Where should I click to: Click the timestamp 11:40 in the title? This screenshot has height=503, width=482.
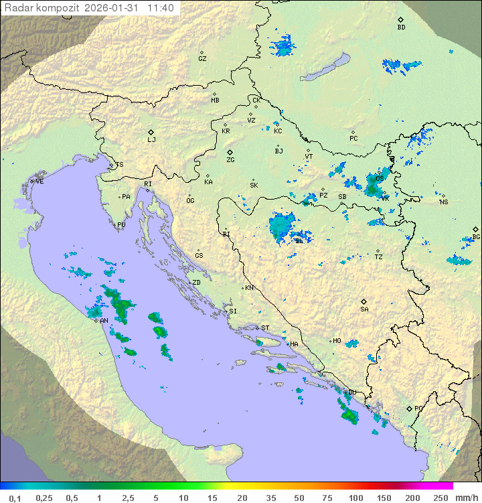coord(161,8)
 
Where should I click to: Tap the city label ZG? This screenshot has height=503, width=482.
coord(230,160)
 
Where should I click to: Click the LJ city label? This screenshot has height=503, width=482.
coord(151,140)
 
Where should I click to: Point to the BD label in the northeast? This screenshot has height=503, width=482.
coord(401,27)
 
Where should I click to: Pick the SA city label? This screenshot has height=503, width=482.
coord(364,309)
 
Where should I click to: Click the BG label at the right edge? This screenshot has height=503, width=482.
coord(476,237)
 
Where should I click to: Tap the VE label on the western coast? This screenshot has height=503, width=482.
coord(39,182)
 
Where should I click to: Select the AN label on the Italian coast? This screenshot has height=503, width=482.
coord(104,321)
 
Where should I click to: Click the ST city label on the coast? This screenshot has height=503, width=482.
coord(265,328)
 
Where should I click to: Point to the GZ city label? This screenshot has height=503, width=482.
coord(202,59)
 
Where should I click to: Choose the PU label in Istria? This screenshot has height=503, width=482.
coord(121,225)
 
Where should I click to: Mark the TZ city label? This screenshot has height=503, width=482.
coord(379,257)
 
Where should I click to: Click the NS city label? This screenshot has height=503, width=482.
coord(443,202)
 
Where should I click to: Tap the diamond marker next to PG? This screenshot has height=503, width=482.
coord(409,408)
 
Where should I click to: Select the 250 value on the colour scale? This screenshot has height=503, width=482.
coord(440,498)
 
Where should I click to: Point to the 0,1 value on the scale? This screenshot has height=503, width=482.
coord(15,498)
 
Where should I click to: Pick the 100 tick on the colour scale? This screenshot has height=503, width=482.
coord(355,498)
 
